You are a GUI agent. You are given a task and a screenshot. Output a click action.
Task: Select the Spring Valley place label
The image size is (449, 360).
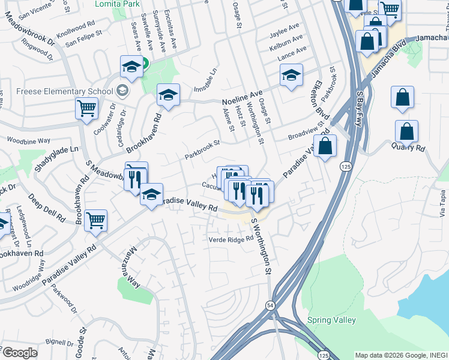point(332,320)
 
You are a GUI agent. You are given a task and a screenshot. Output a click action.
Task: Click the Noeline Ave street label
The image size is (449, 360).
point(243,96)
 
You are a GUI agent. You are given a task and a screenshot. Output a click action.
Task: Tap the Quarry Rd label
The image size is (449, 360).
point(408,146)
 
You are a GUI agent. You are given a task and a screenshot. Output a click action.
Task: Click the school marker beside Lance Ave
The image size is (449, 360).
point(291,75)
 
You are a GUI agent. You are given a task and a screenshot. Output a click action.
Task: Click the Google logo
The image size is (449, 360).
point(20,353)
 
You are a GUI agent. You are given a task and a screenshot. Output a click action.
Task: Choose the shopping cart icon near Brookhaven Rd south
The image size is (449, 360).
point(96,221)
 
